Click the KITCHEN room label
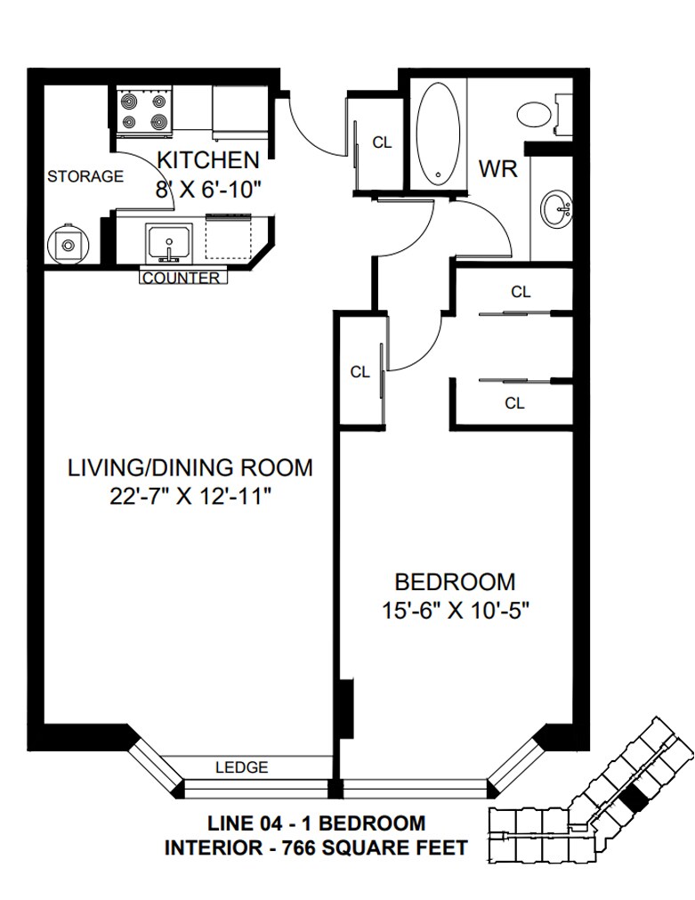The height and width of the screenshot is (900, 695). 207,160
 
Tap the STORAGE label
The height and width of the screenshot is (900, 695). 85,176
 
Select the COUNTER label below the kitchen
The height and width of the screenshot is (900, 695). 181,278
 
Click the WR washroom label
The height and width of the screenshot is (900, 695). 498,169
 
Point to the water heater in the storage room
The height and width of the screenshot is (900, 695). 69,245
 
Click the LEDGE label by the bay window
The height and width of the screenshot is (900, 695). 242,766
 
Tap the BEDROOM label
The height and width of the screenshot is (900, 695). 455,582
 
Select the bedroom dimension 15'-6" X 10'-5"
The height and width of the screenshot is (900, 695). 455,611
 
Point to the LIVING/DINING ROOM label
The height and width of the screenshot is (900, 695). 190,467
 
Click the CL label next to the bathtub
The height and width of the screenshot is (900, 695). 382,142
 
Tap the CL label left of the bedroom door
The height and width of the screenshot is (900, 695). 360,372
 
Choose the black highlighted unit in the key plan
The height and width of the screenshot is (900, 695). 634,799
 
